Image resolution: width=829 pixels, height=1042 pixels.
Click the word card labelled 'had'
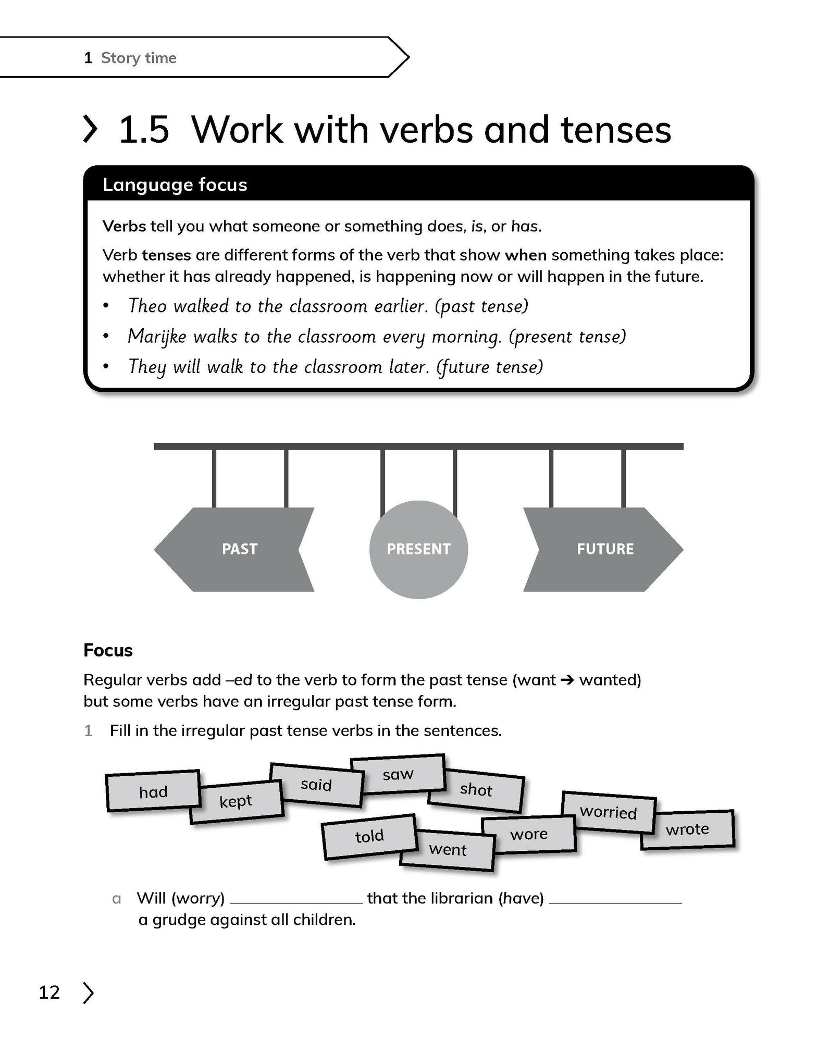(x=153, y=792)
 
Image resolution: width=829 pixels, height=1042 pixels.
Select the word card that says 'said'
(x=316, y=785)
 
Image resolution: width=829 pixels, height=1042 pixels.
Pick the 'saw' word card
(x=398, y=774)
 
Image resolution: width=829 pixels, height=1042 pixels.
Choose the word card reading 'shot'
(x=476, y=790)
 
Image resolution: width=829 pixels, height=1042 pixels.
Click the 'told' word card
(x=369, y=836)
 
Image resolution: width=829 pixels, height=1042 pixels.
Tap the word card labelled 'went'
(x=448, y=850)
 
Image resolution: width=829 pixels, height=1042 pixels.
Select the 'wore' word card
(x=528, y=834)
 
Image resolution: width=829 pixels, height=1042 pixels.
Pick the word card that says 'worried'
(x=608, y=812)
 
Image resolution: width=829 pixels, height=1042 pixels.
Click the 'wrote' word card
(x=687, y=829)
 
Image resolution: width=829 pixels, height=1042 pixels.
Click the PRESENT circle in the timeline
(x=418, y=549)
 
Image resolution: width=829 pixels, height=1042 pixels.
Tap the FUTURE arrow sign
(x=604, y=549)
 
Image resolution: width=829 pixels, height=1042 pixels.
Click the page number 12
(x=50, y=993)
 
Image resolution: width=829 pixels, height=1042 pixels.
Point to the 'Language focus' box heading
(x=175, y=185)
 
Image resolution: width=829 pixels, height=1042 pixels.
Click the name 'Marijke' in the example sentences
(x=157, y=337)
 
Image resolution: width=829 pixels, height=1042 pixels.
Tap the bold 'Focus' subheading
(x=108, y=650)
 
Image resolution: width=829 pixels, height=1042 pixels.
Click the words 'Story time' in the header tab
(x=139, y=58)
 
